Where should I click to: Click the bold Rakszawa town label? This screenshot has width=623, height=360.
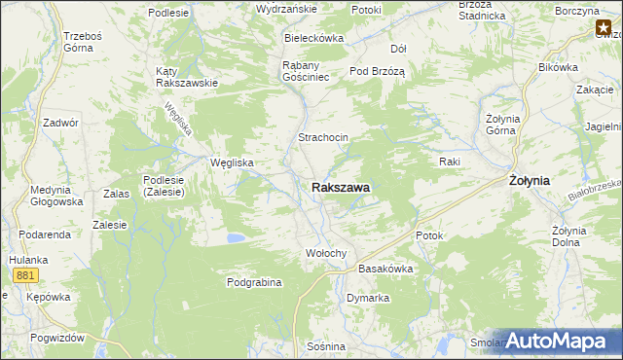(340, 187)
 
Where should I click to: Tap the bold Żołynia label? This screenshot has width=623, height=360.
(530, 181)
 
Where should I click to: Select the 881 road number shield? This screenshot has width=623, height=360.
(25, 276)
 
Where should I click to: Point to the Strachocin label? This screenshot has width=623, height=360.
(323, 138)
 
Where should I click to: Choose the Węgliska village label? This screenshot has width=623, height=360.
(233, 162)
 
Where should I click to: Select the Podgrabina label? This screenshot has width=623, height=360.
(254, 282)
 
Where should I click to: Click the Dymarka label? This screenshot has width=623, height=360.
(368, 298)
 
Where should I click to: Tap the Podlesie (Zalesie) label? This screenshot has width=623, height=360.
(171, 186)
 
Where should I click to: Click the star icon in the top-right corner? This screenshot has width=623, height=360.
(604, 30)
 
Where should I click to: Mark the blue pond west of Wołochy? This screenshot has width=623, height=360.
(235, 237)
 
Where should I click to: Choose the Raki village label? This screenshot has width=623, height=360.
(449, 162)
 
